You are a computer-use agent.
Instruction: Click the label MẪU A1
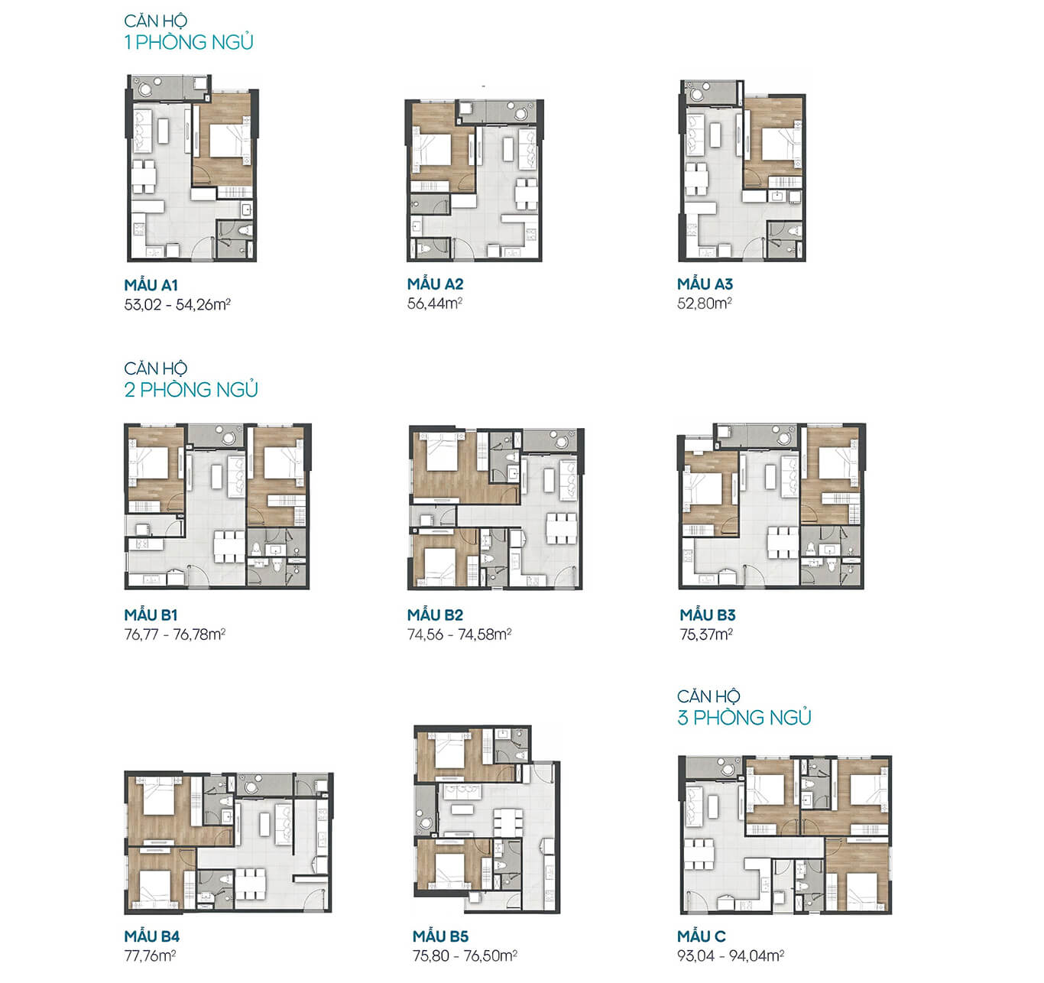click(x=151, y=285)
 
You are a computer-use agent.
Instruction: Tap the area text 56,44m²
click(x=435, y=303)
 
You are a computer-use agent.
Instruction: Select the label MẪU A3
click(x=705, y=284)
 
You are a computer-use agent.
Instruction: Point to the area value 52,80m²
click(x=705, y=303)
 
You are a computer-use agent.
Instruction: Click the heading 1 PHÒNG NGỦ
click(x=189, y=42)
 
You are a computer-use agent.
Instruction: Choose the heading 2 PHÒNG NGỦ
click(x=191, y=390)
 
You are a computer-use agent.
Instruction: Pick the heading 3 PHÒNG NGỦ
click(x=744, y=718)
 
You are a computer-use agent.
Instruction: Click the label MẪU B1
click(x=151, y=615)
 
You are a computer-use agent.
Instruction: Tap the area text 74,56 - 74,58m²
click(x=459, y=634)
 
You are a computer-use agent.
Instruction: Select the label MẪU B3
click(x=708, y=615)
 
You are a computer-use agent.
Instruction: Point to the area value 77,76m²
click(x=150, y=955)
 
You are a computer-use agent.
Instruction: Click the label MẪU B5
click(x=440, y=936)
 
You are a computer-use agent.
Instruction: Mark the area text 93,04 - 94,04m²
click(x=731, y=955)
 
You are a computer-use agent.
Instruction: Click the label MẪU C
click(x=702, y=936)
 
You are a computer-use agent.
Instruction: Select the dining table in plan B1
click(x=229, y=547)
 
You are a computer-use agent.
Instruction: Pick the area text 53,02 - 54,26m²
click(x=177, y=304)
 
